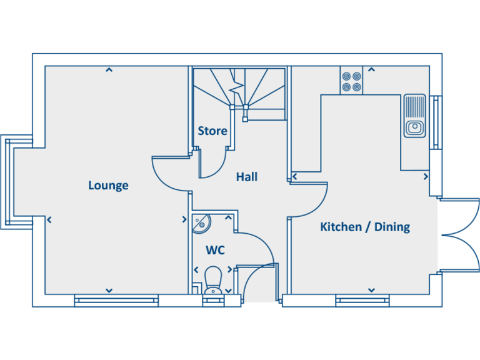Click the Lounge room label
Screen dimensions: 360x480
tap(108, 185)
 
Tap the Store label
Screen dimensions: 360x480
tap(212, 131)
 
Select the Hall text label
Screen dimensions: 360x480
tap(247, 177)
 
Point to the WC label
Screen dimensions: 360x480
tap(215, 251)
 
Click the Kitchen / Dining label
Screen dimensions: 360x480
tap(365, 226)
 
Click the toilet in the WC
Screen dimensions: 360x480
tap(213, 280)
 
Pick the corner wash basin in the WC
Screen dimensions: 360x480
tap(202, 222)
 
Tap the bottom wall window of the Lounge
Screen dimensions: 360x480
tap(116, 301)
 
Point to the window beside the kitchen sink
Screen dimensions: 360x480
tap(436, 122)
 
